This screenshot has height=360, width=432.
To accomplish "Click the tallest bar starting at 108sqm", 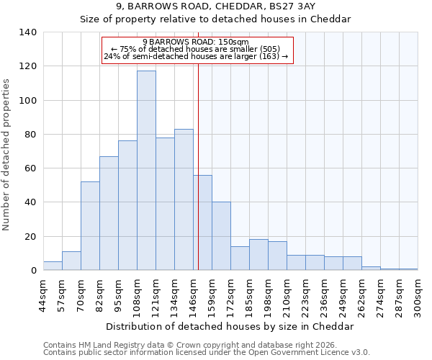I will pos(146,171).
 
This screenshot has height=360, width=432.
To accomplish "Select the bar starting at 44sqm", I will pos(53,266).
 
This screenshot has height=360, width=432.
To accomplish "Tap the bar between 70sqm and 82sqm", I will pos(90,226).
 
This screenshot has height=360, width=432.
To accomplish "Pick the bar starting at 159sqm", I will pos(221,236).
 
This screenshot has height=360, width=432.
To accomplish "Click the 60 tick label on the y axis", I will pos(30,168).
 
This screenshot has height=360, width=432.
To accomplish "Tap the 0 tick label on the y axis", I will pos(33,271).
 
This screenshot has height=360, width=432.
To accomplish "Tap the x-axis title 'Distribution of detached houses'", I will pos(230,326).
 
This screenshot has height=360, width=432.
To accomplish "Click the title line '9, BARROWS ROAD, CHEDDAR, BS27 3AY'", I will pos(215,6).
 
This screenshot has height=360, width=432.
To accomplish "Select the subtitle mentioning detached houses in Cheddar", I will pos(215,19).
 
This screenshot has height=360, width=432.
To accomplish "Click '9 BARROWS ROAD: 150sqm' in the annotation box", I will pos(196,42).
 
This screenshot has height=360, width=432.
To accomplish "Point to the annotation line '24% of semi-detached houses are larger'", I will pos(196,56).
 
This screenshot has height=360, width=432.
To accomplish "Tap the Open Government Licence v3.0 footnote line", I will pos(207,352).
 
